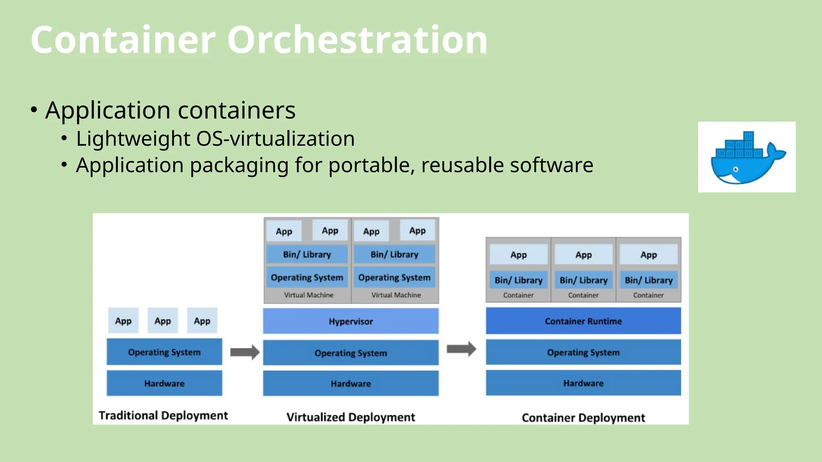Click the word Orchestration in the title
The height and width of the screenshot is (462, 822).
coord(357,40)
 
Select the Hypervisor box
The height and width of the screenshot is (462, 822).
coord(350,321)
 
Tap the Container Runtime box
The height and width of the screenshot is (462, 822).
coord(583,321)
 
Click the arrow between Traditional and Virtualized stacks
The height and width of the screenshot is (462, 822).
coord(244,352)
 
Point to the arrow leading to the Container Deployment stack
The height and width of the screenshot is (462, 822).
coord(461,349)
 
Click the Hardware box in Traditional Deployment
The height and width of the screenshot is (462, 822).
coord(164,383)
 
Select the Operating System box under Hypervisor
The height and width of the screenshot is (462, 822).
coord(350,353)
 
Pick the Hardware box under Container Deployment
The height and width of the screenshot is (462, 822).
coord(583,383)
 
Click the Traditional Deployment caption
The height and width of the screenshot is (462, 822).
coord(163,415)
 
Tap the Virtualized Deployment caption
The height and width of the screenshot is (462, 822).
coord(350,417)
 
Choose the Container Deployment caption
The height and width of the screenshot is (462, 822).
coord(583,418)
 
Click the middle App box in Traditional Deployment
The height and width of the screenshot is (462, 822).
coord(163,321)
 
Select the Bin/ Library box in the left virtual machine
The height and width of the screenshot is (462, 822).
coord(307,254)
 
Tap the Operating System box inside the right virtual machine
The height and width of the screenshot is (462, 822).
coord(394,278)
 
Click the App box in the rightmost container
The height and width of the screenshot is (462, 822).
coord(648,255)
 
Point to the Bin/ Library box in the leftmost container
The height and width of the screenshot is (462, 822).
coord(518,280)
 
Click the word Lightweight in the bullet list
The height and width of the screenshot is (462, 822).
coord(133,139)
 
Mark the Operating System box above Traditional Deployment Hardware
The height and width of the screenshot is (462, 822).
coord(164,352)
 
